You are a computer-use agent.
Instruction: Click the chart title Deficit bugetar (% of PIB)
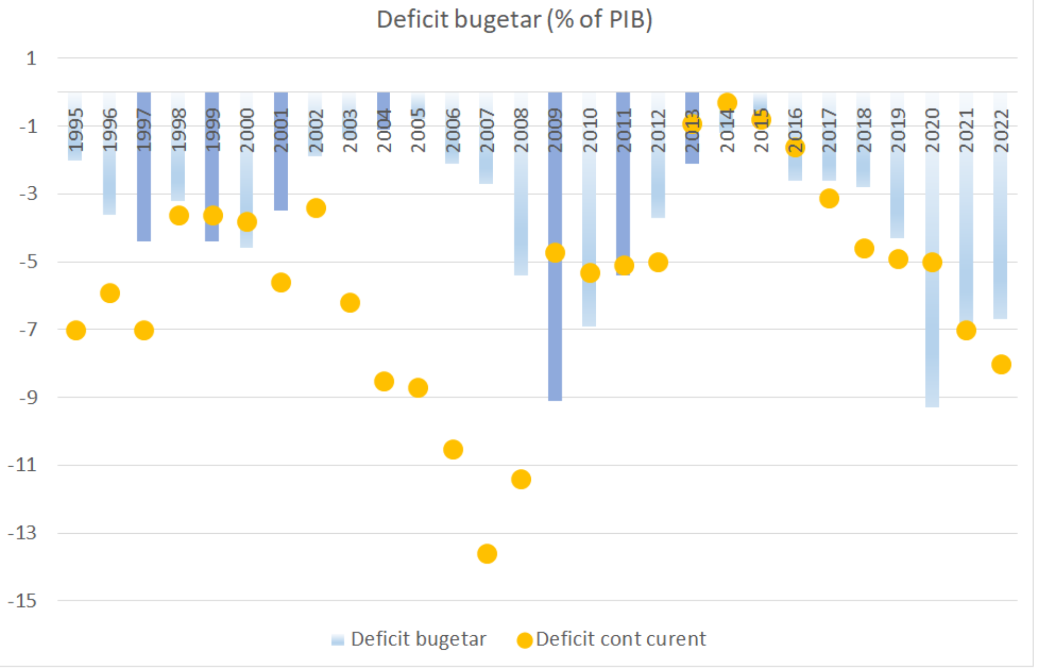pyautogui.click(x=514, y=20)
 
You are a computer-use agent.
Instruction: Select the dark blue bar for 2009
pyautogui.click(x=555, y=322)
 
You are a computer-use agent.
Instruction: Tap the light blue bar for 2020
pyautogui.click(x=932, y=344)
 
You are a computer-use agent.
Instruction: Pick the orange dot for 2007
pyautogui.click(x=487, y=554)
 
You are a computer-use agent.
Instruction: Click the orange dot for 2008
pyautogui.click(x=521, y=479)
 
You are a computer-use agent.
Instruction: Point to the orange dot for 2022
pyautogui.click(x=1001, y=365)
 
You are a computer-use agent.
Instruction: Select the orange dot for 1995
pyautogui.click(x=76, y=330)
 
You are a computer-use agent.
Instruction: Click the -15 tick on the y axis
pyautogui.click(x=23, y=601)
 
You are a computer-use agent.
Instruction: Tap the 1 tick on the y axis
pyautogui.click(x=32, y=58)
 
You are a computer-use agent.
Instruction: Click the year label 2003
pyautogui.click(x=350, y=130)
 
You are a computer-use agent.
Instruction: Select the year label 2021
pyautogui.click(x=966, y=130)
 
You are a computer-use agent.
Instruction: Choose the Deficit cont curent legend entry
pyautogui.click(x=612, y=639)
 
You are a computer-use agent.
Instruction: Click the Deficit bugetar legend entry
pyautogui.click(x=409, y=639)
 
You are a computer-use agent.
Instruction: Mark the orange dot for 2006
pyautogui.click(x=453, y=449)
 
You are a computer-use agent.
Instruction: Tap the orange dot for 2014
pyautogui.click(x=727, y=103)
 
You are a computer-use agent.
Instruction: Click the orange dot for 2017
pyautogui.click(x=829, y=199)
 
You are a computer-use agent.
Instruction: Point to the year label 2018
pyautogui.click(x=864, y=130)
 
